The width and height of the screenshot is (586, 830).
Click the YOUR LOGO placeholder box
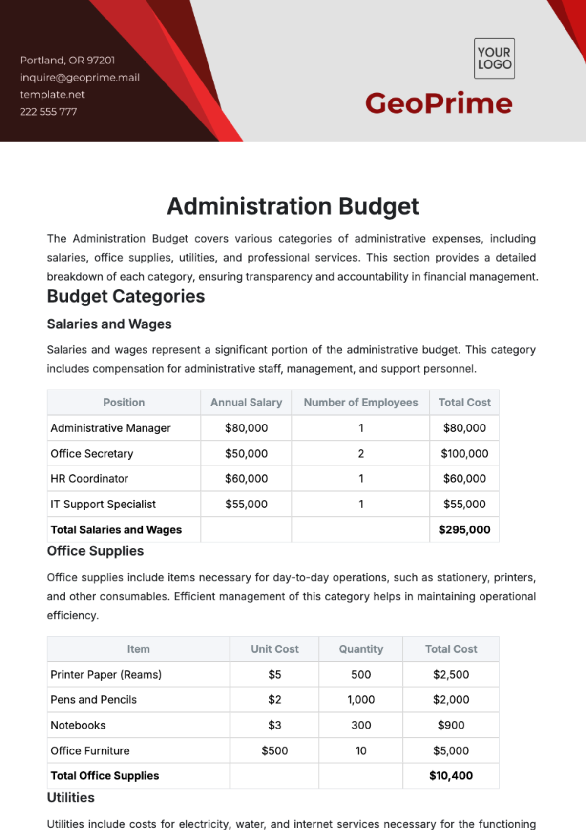(x=494, y=59)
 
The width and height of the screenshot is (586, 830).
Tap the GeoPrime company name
(x=439, y=103)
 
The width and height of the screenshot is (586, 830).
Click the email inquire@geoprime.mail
(x=80, y=78)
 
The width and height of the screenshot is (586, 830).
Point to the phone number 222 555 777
(x=48, y=112)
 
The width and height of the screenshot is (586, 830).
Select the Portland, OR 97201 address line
(x=67, y=61)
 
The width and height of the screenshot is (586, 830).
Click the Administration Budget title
(x=293, y=206)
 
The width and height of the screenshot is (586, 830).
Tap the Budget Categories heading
(x=126, y=296)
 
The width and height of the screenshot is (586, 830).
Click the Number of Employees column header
(x=360, y=403)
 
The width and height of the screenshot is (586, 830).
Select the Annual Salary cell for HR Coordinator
(x=246, y=479)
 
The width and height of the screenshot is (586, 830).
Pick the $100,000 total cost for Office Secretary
(x=464, y=453)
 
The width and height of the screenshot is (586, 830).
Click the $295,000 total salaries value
(x=464, y=530)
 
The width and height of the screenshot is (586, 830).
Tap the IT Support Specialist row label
(x=103, y=504)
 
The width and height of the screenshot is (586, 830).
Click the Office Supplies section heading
(x=95, y=551)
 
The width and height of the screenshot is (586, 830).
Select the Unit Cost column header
(x=274, y=649)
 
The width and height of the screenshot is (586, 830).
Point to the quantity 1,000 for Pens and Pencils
(x=361, y=700)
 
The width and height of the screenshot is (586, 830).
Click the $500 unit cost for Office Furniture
(x=274, y=750)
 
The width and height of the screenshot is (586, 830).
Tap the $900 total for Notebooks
(x=451, y=725)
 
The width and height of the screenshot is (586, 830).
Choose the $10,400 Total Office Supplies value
(x=451, y=776)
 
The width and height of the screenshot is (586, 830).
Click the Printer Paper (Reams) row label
(x=106, y=674)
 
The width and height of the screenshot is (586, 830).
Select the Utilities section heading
(x=71, y=797)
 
